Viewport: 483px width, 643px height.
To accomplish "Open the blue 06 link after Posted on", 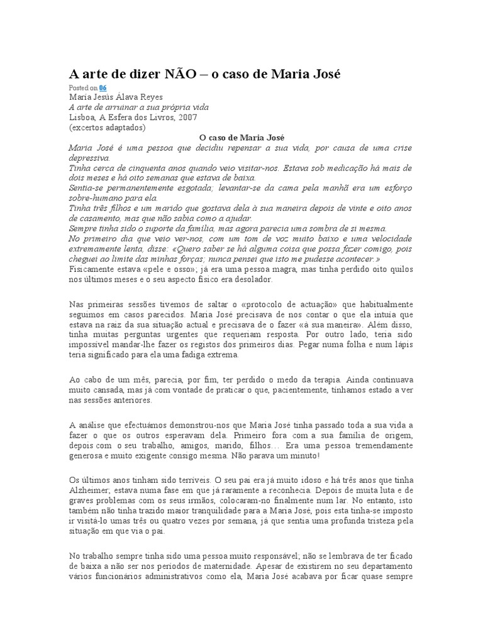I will click(103, 89).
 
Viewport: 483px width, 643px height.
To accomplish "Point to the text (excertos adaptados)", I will click(107, 127).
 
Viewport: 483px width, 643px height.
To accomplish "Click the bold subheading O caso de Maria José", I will click(241, 138).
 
